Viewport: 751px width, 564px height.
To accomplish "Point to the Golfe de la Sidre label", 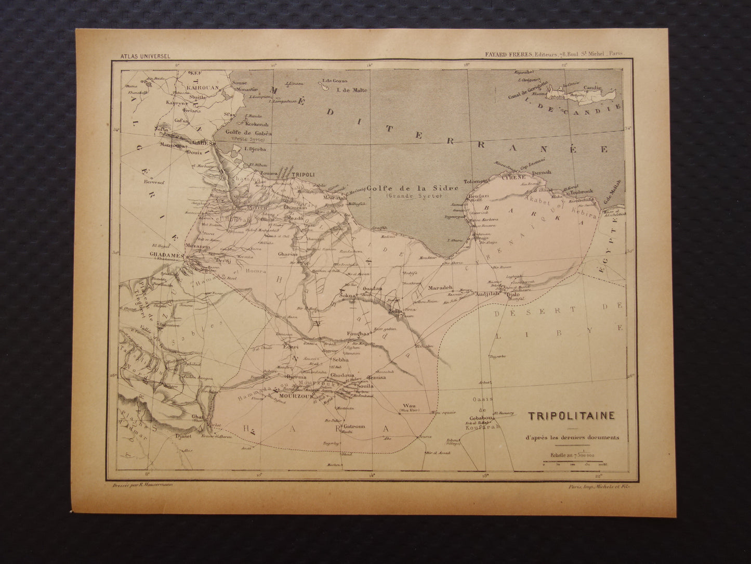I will pos(412,188).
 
